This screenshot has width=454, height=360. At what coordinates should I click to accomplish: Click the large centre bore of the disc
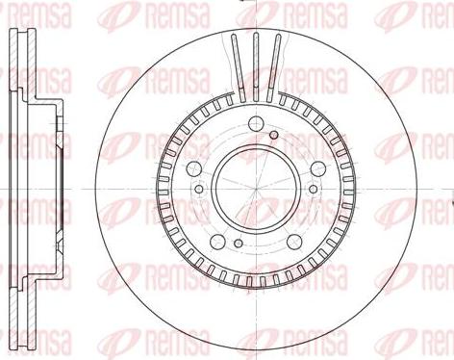point(256,189)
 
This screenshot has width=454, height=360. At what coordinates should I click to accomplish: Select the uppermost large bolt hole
point(256,122)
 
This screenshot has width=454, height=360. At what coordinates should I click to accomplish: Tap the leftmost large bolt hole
point(193,168)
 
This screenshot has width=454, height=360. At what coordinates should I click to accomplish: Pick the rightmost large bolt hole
point(318,168)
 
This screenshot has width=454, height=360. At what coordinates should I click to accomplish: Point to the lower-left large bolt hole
point(217,243)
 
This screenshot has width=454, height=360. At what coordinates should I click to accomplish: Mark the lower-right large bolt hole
point(294,243)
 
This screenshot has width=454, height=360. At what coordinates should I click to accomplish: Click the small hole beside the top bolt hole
point(273,135)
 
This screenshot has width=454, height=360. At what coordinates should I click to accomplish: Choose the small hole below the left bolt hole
point(199,189)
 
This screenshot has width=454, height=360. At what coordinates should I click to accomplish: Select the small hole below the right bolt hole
point(314,189)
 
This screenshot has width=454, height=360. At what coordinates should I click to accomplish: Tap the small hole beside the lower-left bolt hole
point(238,244)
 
